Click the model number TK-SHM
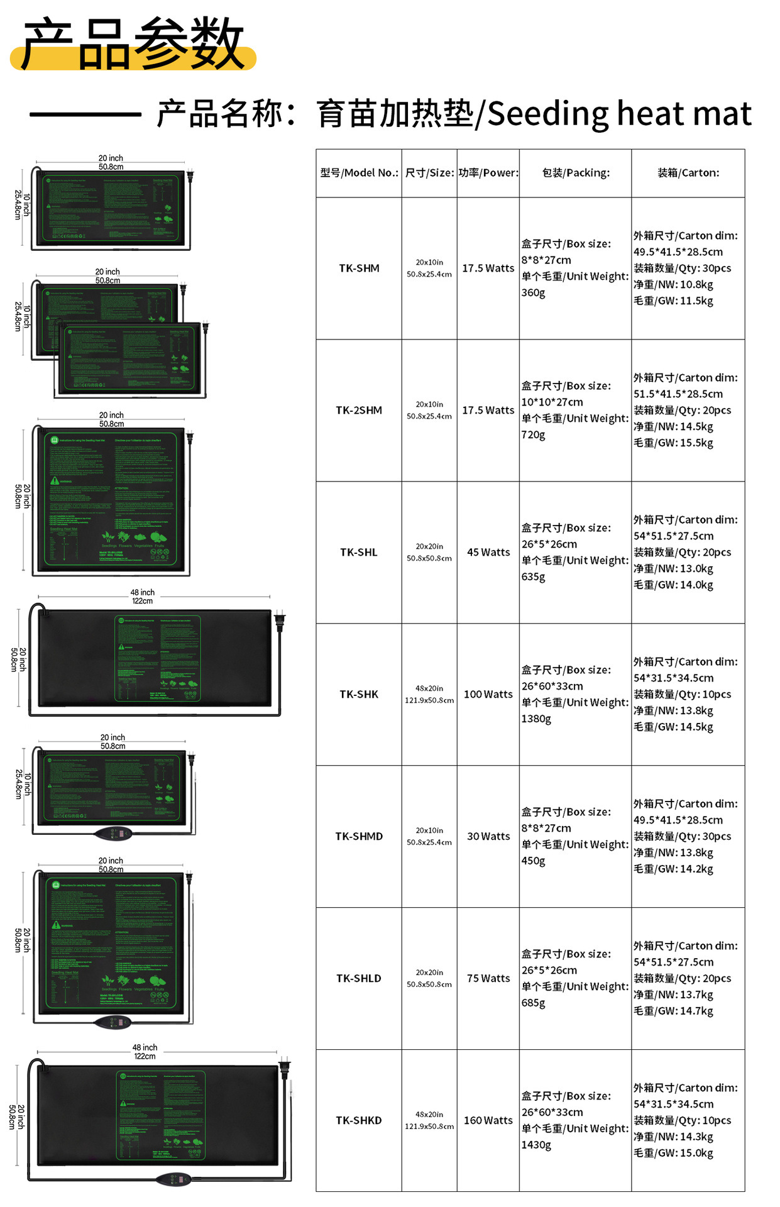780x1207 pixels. [x=359, y=268]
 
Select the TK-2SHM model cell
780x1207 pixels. [x=359, y=411]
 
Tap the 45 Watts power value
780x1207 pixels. [x=488, y=553]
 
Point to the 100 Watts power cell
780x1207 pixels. [x=488, y=695]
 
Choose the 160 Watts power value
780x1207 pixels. [x=488, y=1121]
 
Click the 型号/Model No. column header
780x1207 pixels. [x=359, y=173]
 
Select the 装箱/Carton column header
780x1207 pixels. [x=688, y=173]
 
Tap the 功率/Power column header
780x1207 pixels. [x=488, y=173]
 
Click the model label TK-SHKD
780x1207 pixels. [x=359, y=1121]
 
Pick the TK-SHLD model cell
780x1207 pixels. [x=359, y=979]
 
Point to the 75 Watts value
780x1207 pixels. [x=488, y=979]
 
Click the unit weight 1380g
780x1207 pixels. [x=536, y=719]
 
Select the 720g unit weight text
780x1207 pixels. [x=533, y=435]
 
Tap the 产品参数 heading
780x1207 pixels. [x=133, y=44]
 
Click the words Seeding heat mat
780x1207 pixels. [x=619, y=114]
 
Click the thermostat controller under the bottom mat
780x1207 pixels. [x=173, y=1179]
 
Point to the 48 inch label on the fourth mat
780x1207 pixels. [x=143, y=592]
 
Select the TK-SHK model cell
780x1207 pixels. [x=359, y=695]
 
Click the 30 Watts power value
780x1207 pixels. [x=488, y=837]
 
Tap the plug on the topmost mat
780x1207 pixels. [x=190, y=175]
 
